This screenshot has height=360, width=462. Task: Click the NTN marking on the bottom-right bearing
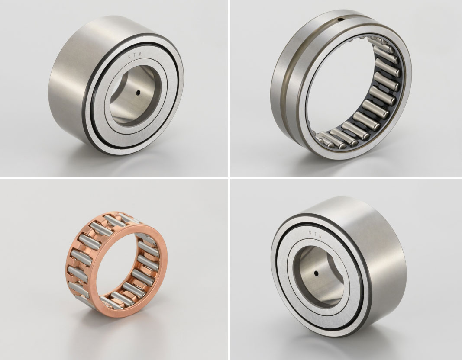315,234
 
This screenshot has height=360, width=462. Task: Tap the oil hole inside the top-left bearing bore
138,93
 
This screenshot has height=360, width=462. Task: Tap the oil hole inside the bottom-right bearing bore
316,273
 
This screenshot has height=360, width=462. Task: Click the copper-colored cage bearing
116,264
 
